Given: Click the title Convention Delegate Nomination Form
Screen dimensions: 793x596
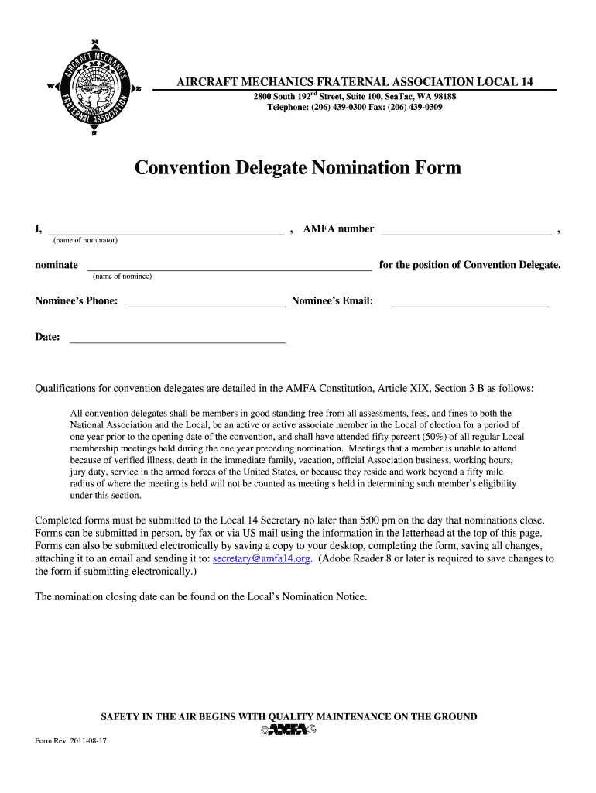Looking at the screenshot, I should [x=297, y=167].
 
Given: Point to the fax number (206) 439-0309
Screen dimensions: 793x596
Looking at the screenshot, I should [x=417, y=108].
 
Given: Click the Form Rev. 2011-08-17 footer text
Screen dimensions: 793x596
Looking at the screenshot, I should [x=70, y=741].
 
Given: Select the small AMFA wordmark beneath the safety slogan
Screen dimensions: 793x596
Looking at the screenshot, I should [x=289, y=729].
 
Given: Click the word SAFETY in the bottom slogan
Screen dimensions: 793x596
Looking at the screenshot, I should [x=121, y=716].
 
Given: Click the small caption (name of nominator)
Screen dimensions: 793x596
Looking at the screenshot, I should [x=85, y=240].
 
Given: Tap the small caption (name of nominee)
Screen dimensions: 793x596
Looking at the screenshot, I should [x=122, y=276].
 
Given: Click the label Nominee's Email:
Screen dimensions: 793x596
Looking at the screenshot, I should [x=332, y=301].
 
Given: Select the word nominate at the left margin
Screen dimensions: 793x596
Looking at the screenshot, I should [x=57, y=265].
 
